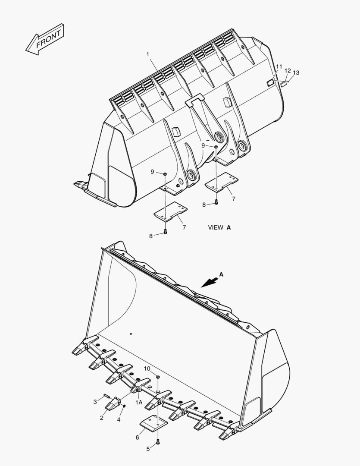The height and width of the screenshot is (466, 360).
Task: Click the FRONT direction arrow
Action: [45, 39]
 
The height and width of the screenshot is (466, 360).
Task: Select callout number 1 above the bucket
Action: [147, 54]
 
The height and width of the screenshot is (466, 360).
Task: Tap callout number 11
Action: [279, 67]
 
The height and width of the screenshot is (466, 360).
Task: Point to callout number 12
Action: [288, 71]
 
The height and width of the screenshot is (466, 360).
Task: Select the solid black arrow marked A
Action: [210, 281]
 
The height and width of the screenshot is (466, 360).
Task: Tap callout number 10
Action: [147, 368]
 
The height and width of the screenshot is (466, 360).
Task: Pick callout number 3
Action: [95, 402]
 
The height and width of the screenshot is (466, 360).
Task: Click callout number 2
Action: [102, 418]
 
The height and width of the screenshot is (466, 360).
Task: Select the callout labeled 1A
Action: [138, 402]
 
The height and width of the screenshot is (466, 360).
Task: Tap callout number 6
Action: [137, 437]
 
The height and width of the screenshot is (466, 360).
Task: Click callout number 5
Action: [147, 449]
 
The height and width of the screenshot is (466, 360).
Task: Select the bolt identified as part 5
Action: [158, 441]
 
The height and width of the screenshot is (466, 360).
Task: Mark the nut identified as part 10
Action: [158, 377]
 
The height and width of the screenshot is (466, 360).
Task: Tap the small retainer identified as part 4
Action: [124, 406]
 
